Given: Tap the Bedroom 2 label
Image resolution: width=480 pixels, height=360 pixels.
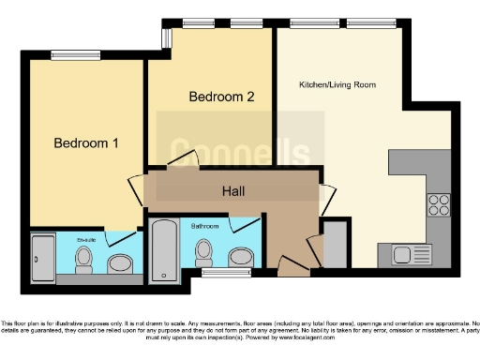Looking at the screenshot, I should click(221, 97).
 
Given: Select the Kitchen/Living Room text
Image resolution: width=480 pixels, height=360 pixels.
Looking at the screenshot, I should click(337, 84).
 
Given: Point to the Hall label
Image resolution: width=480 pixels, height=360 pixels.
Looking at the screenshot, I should click(234, 191).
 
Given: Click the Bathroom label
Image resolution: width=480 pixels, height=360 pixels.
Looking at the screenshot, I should click(205, 226).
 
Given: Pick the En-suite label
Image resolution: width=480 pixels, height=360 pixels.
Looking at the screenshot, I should click(86, 239).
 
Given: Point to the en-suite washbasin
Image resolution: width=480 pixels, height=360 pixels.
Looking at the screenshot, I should click(120, 262).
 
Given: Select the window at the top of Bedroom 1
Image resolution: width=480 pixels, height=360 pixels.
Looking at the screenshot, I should click(65, 54).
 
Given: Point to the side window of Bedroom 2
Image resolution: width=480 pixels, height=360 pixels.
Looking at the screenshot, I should click(166, 37).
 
